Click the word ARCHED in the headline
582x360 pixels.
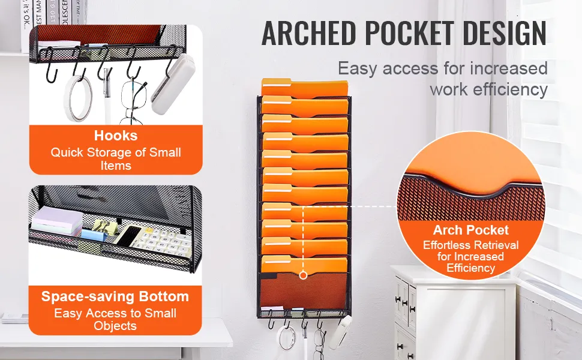309,34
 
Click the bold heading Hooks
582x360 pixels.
116,136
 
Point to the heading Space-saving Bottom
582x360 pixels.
115,296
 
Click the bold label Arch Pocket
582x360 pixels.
470,230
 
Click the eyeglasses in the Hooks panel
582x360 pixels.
132,101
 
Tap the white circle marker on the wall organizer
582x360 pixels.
303,275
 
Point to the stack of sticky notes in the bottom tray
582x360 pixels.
57,220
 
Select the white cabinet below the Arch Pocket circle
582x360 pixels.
454,313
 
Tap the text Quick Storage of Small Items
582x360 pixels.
116,159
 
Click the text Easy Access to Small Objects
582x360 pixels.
115,319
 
